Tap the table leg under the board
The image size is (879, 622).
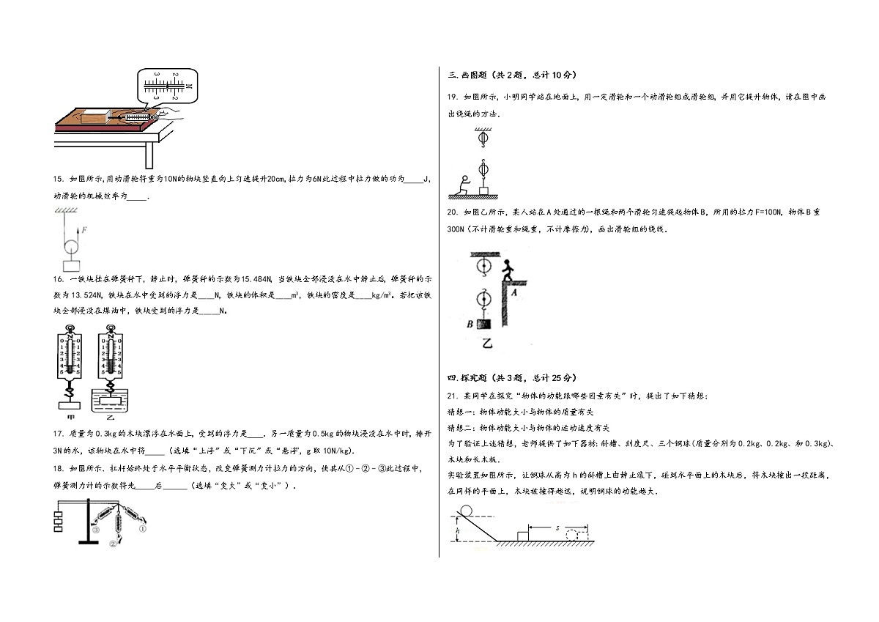click(149, 155)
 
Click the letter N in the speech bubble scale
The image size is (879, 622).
click(189, 86)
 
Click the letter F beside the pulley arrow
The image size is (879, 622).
click(84, 230)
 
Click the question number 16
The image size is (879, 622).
click(58, 279)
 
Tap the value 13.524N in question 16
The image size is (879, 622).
click(86, 295)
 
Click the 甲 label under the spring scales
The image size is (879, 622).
click(70, 417)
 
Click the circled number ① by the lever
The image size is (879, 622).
click(143, 529)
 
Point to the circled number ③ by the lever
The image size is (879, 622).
click(96, 530)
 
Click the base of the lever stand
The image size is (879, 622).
click(89, 543)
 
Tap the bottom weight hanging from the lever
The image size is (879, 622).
click(58, 529)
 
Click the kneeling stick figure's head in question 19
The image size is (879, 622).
click(466, 178)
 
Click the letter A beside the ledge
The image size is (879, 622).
click(513, 292)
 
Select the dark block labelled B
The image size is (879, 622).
click(484, 324)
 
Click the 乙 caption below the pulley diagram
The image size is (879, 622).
click(487, 344)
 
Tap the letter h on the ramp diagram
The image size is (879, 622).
click(458, 530)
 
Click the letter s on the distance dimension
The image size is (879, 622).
click(557, 527)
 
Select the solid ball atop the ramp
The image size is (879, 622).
click(466, 511)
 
